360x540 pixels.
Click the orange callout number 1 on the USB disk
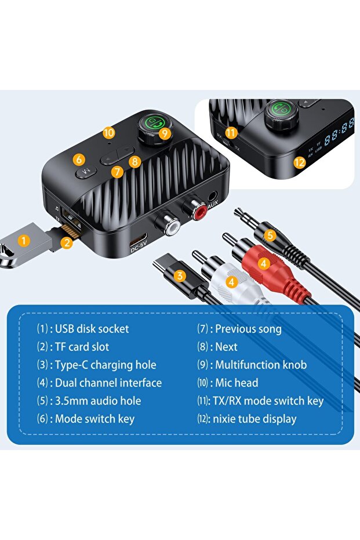pyautogui.click(x=23, y=240)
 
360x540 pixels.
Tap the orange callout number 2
pyautogui.click(x=67, y=243)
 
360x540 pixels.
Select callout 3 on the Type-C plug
pyautogui.click(x=180, y=276)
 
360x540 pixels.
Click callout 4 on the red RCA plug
pyautogui.click(x=263, y=263)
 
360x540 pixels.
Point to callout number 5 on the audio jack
pyautogui.click(x=270, y=235)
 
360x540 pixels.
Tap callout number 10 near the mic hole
pyautogui.click(x=109, y=132)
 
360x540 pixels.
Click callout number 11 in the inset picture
pyautogui.click(x=232, y=133)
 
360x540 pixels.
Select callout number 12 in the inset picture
pyautogui.click(x=299, y=163)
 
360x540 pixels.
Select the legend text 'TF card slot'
pyautogui.click(x=82, y=347)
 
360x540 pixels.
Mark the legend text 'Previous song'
pyautogui.click(x=248, y=329)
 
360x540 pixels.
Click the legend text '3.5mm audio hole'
pyautogui.click(x=97, y=401)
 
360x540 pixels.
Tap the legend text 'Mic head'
pyautogui.click(x=237, y=383)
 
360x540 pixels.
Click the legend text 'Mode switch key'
pyautogui.click(x=94, y=419)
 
